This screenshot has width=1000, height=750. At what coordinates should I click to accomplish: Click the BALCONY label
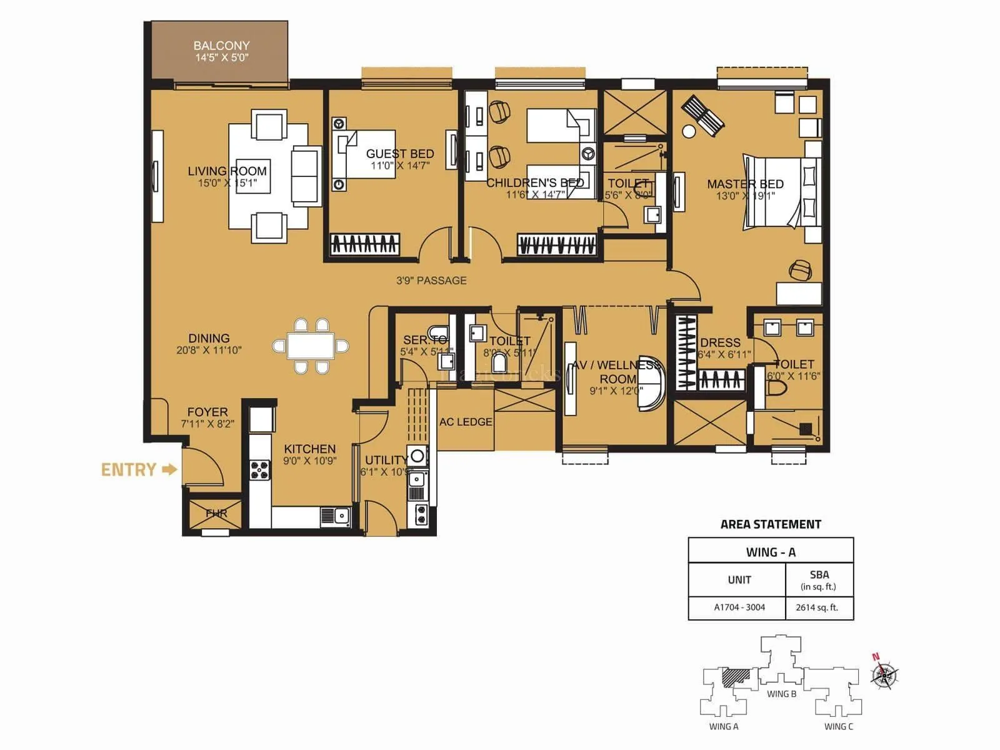(221, 46)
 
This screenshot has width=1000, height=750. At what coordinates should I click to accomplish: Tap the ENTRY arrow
(169, 469)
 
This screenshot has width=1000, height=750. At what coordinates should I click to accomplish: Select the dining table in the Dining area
(311, 346)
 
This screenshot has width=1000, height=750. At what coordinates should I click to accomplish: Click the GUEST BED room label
(399, 154)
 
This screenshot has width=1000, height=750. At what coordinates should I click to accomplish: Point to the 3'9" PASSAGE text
(431, 281)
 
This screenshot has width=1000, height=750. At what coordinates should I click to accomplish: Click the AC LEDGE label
(466, 422)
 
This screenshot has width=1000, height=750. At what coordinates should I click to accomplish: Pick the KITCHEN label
(309, 449)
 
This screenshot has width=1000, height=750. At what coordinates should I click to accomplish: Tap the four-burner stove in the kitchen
(260, 469)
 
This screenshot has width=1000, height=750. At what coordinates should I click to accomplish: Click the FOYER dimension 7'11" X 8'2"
(207, 424)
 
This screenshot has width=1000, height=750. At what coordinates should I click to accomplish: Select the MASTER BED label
(745, 184)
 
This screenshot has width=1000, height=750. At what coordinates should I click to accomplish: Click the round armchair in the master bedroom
(801, 270)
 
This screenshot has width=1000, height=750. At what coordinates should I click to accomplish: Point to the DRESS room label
(720, 342)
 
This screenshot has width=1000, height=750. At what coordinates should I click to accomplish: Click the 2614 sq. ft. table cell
(817, 607)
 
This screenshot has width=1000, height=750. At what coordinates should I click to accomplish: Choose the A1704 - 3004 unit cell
(739, 607)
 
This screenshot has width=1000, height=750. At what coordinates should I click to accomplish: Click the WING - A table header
(771, 552)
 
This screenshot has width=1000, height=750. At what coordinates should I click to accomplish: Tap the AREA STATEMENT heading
(771, 524)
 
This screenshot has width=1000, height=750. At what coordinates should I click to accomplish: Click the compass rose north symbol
(884, 675)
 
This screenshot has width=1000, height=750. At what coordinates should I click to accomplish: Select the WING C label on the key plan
(838, 726)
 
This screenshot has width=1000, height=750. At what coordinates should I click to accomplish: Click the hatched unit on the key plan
(736, 678)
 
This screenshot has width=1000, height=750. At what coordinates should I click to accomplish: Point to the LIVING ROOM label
(227, 171)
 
